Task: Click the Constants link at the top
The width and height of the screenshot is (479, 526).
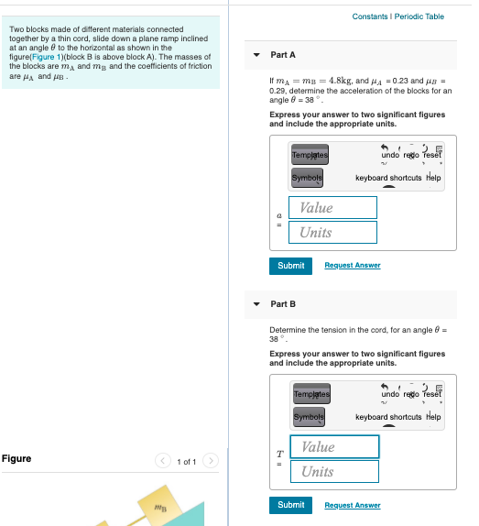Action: point(371,16)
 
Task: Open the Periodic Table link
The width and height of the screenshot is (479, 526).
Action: point(422,16)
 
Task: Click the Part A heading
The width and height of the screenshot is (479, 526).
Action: point(283,55)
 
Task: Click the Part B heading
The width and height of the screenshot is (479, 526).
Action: point(283,303)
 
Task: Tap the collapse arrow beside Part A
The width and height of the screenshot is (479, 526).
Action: point(257,55)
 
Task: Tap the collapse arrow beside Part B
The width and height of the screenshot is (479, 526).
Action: point(257,303)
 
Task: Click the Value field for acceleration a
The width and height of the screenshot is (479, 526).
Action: point(332,207)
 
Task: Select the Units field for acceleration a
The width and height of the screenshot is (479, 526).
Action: point(332,232)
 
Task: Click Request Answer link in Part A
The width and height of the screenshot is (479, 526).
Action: point(353,265)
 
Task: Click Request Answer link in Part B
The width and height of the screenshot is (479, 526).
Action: point(353,505)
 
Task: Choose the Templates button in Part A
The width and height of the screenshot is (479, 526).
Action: point(310,155)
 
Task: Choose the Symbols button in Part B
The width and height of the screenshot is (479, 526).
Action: point(309,417)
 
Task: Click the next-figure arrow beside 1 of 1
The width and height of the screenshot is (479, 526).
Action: point(212,461)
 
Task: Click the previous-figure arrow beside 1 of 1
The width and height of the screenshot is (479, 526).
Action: point(162,461)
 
